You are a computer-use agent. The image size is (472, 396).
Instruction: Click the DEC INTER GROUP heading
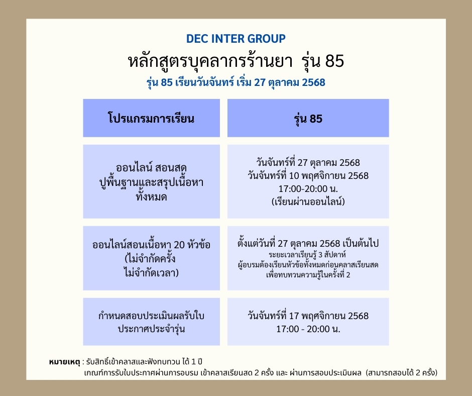pyautogui.click(x=235, y=39)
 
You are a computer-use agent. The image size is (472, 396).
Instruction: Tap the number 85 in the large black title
pyautogui.click(x=334, y=61)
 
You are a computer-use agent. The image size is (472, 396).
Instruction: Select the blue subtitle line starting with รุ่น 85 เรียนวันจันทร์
pyautogui.click(x=235, y=82)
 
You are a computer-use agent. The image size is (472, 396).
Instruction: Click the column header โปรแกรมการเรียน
pyautogui.click(x=151, y=118)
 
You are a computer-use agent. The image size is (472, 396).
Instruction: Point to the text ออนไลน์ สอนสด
pyautogui.click(x=151, y=167)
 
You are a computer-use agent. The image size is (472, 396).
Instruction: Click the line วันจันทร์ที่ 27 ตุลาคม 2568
pyautogui.click(x=308, y=162)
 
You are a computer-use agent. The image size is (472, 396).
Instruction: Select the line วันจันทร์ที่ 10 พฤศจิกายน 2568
pyautogui.click(x=308, y=176)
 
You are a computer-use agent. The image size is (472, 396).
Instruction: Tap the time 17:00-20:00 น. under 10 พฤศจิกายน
pyautogui.click(x=308, y=188)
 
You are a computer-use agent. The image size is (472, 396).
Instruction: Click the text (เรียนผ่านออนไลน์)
pyautogui.click(x=308, y=202)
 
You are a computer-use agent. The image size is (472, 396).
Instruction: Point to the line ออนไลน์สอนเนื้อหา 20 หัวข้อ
pyautogui.click(x=151, y=244)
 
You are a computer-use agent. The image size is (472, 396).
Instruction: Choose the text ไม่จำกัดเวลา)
pyautogui.click(x=152, y=272)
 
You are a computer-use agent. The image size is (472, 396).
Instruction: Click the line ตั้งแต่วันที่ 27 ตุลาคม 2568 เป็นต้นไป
pyautogui.click(x=308, y=243)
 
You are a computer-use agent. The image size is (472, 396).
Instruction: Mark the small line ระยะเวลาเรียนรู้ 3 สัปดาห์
pyautogui.click(x=307, y=255)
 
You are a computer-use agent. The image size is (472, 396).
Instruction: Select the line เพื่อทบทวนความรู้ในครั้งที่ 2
pyautogui.click(x=308, y=275)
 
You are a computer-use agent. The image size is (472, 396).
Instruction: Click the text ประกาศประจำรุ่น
pyautogui.click(x=151, y=329)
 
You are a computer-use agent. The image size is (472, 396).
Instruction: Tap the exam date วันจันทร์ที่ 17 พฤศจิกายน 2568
pyautogui.click(x=308, y=316)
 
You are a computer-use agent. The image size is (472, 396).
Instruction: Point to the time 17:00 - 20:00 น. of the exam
pyautogui.click(x=308, y=329)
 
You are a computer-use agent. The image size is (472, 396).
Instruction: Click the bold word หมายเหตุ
pyautogui.click(x=64, y=362)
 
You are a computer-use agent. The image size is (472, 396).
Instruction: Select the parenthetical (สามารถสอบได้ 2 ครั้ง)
pyautogui.click(x=402, y=372)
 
